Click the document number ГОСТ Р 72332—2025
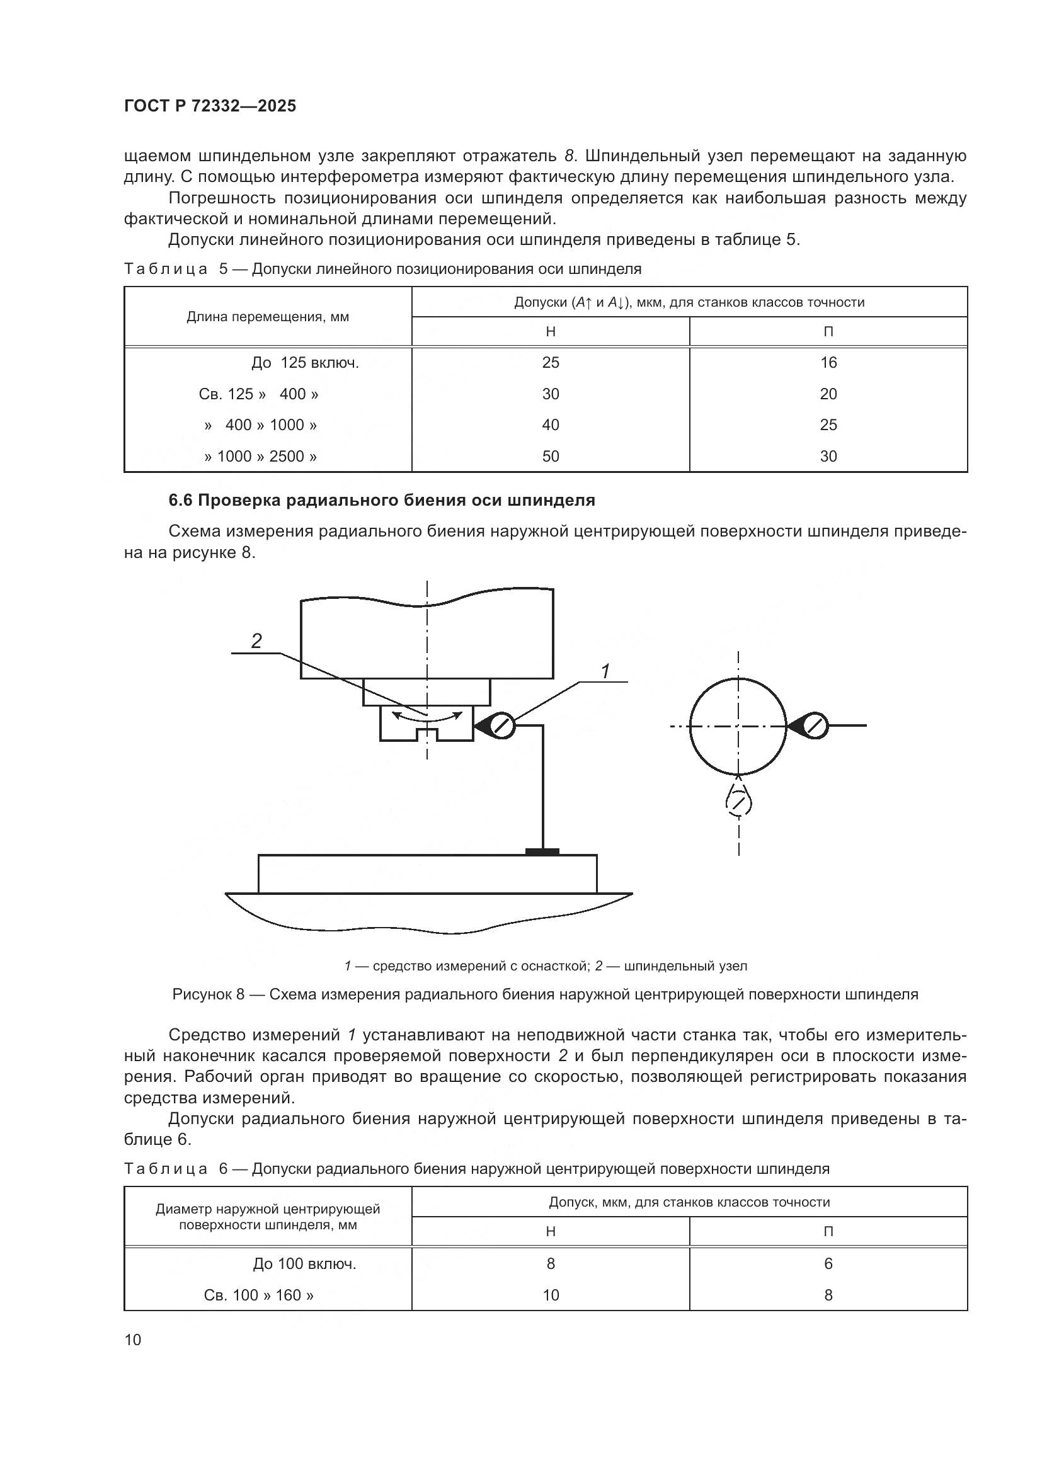(x=210, y=106)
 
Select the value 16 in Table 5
(x=828, y=363)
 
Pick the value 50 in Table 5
(x=550, y=456)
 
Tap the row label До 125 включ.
(x=305, y=363)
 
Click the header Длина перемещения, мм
(x=268, y=317)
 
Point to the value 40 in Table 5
(x=550, y=424)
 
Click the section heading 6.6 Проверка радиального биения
(x=382, y=501)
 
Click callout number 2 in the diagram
(x=256, y=640)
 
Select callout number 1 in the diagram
(x=604, y=671)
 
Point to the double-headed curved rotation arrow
(x=427, y=716)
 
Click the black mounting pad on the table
(x=542, y=851)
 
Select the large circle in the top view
(x=738, y=726)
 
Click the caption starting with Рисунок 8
(x=545, y=994)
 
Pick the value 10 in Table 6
(x=550, y=1295)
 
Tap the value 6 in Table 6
(x=828, y=1263)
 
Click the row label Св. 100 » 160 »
(x=258, y=1295)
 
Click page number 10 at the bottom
(x=133, y=1339)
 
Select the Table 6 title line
(x=476, y=1169)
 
